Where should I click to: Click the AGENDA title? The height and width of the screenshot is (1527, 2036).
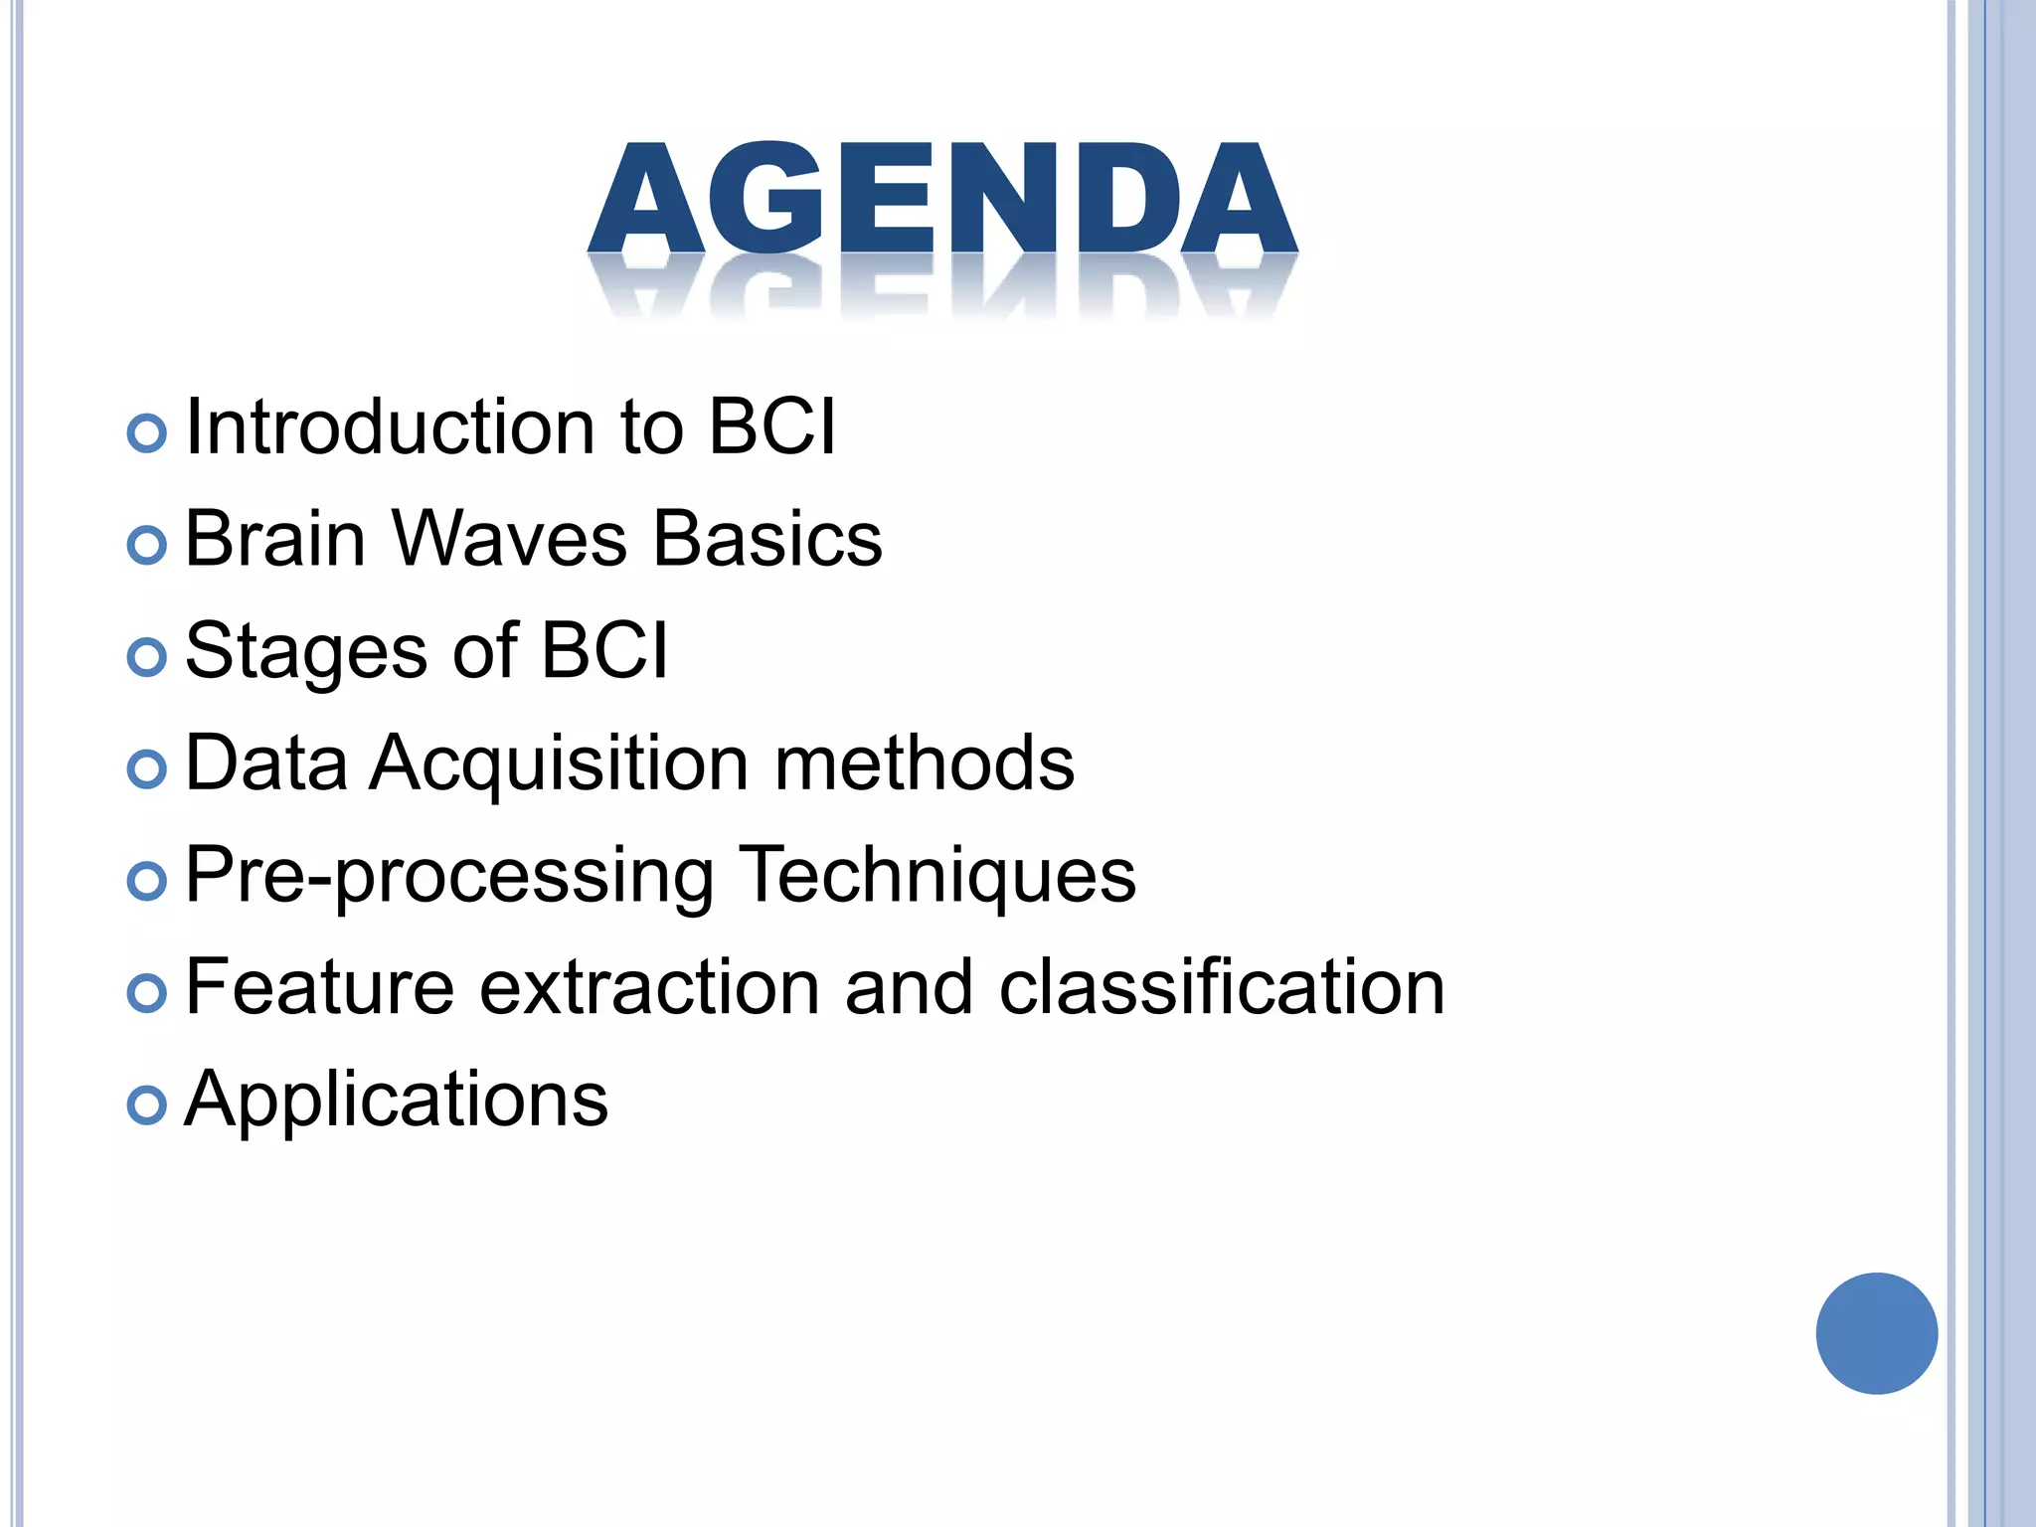tap(942, 199)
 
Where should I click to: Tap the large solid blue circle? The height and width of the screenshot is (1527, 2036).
tap(1876, 1333)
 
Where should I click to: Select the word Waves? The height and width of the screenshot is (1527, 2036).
tap(510, 540)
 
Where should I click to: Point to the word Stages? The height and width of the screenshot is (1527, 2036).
tap(306, 652)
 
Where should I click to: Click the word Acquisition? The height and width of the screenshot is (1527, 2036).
tap(559, 763)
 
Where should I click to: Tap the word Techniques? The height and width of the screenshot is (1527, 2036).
tap(936, 876)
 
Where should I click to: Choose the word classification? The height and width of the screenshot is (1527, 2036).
tap(1222, 988)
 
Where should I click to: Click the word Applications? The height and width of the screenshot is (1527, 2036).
tap(397, 1101)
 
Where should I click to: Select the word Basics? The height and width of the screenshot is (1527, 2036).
tap(767, 540)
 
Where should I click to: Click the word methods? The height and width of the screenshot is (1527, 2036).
tap(925, 763)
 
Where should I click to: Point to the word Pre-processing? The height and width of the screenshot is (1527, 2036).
tap(449, 876)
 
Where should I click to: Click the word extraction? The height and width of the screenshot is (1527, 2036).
tap(650, 988)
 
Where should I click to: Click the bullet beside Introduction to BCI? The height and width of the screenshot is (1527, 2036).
tap(147, 433)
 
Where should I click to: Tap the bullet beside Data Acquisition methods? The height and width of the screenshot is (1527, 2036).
tap(147, 769)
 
